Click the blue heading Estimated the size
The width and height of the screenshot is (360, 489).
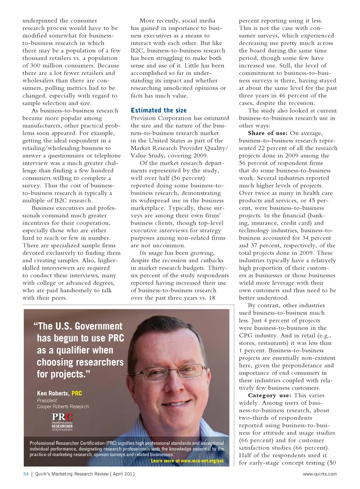pyautogui.click(x=159, y=111)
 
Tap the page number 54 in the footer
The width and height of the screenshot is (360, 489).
pyautogui.click(x=26, y=474)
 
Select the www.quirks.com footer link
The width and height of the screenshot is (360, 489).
pyautogui.click(x=319, y=474)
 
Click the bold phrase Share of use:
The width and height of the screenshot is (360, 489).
pyautogui.click(x=268, y=133)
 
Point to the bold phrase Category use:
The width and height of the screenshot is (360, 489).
pyautogui.click(x=269, y=395)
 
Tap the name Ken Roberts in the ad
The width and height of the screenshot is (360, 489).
pyautogui.click(x=53, y=393)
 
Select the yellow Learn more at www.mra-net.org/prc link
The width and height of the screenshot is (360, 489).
pyautogui.click(x=187, y=461)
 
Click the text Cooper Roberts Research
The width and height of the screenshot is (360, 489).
pyautogui.click(x=63, y=407)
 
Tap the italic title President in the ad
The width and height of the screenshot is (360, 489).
pyautogui.click(x=47, y=401)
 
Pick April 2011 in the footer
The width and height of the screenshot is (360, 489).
pyautogui.click(x=124, y=474)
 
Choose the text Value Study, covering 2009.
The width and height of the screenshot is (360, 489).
pyautogui.click(x=169, y=156)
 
